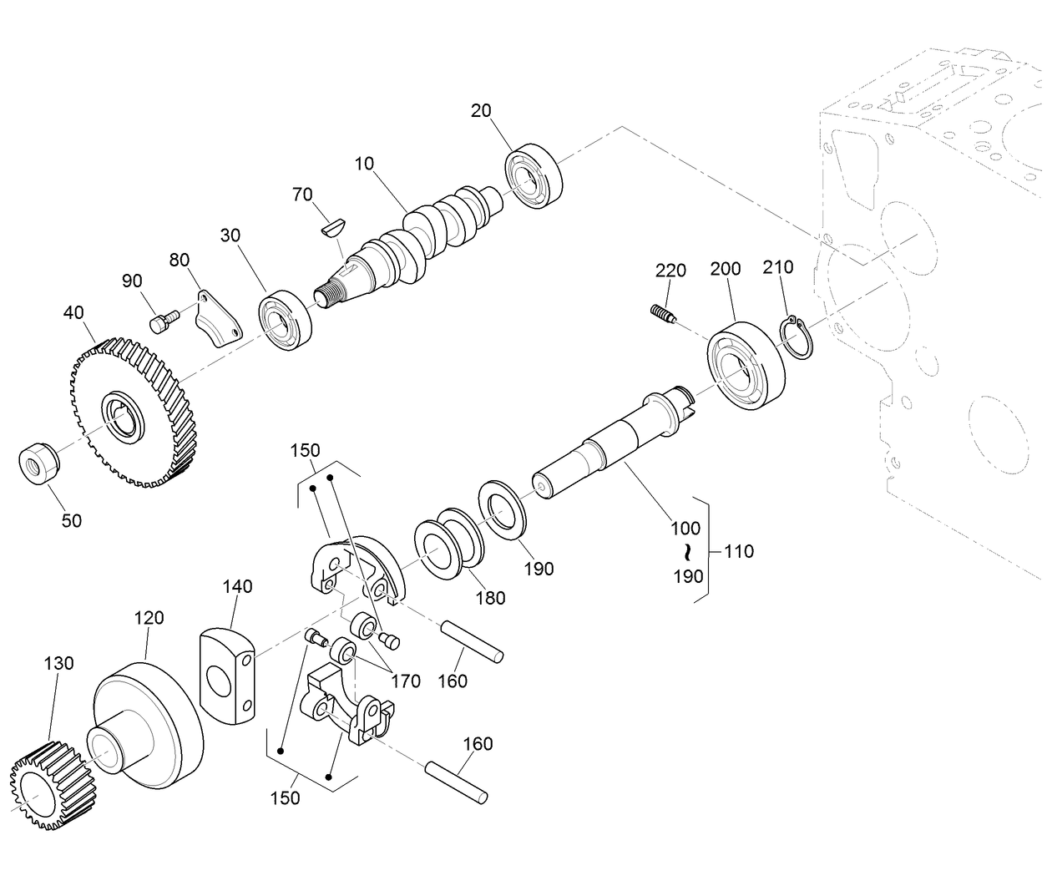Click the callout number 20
point(481,110)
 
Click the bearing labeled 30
point(286,321)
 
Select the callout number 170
point(407,681)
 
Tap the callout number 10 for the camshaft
point(364,164)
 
